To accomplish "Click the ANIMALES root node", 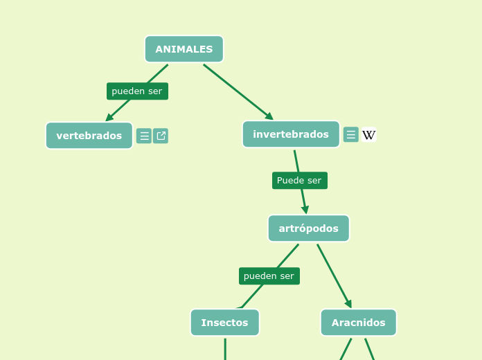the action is tap(184, 49).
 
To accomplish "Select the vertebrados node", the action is tap(89, 136).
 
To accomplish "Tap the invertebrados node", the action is tap(290, 134).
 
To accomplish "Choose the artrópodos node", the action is tap(308, 228).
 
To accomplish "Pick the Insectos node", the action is tap(224, 323).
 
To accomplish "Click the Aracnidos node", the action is tap(358, 323).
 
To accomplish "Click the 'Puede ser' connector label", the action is tap(299, 181).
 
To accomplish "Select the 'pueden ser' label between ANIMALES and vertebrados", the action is tap(137, 91).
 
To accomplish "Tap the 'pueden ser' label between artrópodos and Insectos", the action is tap(269, 276).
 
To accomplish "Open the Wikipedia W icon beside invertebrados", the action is tap(368, 135).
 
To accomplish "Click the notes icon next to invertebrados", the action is tap(350, 134).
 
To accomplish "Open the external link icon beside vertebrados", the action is tap(161, 136).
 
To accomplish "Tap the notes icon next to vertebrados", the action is tap(144, 136).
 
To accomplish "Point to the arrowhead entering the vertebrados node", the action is tap(109, 118).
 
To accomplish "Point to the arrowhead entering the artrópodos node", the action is tap(305, 209).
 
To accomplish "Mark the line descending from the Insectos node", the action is tap(225, 349).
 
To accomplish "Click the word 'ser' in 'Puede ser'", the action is tap(313, 181).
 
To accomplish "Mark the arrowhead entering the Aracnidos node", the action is tap(348, 304).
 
